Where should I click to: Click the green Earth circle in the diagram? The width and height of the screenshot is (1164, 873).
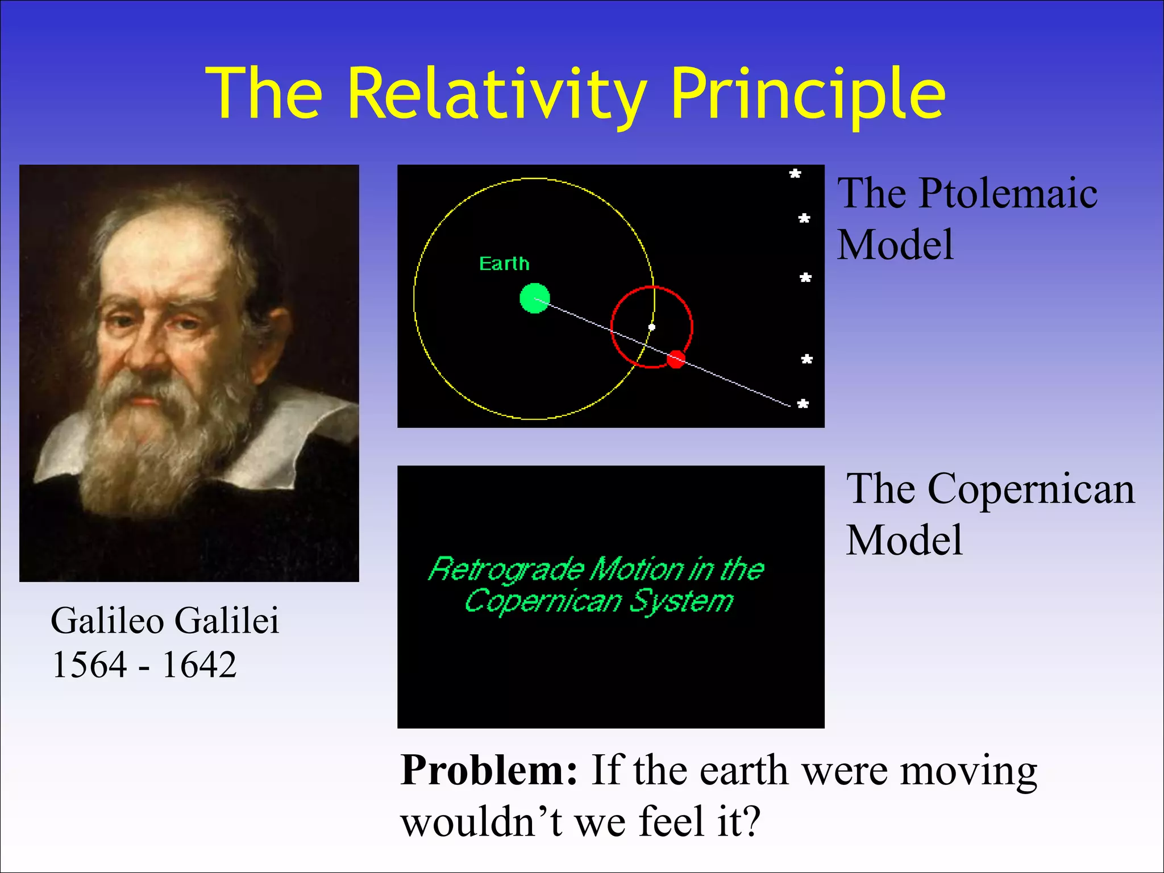535,298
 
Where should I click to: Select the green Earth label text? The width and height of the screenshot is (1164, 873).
504,264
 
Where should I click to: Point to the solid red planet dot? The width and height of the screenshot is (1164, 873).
676,359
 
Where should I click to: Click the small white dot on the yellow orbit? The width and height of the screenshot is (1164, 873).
652,327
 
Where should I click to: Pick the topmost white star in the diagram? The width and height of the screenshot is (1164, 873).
795,174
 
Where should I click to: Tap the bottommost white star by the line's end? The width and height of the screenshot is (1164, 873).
803,404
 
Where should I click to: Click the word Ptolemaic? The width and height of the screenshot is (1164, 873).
1008,194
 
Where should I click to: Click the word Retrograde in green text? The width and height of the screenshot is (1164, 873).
506,569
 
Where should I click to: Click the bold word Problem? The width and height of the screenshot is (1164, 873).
489,771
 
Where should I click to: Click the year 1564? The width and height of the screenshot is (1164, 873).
89,664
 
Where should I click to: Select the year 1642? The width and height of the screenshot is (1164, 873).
199,664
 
